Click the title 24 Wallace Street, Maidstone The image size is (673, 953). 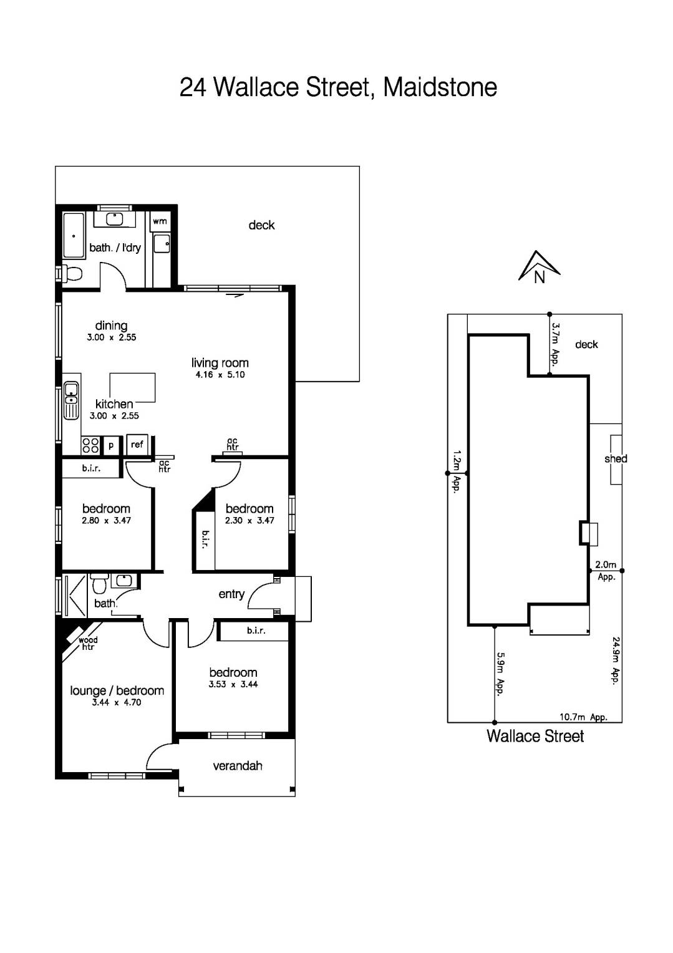338,87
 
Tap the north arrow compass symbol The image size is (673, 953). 539,268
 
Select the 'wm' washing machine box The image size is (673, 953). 160,221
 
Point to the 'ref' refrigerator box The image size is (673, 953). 137,444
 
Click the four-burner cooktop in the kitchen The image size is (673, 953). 90,445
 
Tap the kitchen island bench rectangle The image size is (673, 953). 132,387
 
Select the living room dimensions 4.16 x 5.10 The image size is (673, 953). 220,375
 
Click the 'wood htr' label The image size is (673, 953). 87,644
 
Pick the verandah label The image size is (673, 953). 238,766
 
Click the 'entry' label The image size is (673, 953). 231,594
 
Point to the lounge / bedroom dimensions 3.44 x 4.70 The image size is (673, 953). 117,702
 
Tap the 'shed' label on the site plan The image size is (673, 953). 615,459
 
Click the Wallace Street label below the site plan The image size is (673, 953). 535,737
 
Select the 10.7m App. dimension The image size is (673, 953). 583,717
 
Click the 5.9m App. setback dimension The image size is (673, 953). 500,674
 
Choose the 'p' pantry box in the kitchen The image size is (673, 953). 112,445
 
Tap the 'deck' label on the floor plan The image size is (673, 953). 261,225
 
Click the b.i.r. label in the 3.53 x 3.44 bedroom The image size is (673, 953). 256,631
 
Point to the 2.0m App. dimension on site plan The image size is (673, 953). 606,570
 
